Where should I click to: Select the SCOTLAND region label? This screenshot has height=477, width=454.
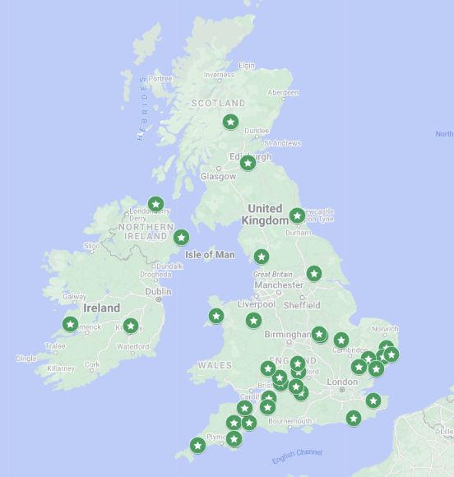(x=218, y=104)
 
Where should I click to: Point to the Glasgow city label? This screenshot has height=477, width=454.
(x=218, y=177)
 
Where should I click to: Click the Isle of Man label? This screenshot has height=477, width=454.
(x=210, y=255)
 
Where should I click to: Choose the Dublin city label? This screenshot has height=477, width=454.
(x=158, y=291)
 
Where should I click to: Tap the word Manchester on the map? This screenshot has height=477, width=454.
(x=279, y=285)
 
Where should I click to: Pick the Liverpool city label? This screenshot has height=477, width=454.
(x=256, y=304)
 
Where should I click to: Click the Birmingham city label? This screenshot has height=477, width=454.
(x=287, y=335)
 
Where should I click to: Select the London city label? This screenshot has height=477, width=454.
(x=342, y=382)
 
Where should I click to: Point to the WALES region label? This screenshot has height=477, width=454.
(x=215, y=365)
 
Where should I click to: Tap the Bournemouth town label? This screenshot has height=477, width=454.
(x=290, y=422)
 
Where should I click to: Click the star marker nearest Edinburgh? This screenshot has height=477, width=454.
(x=248, y=163)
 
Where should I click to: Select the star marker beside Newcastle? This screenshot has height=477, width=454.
(x=297, y=215)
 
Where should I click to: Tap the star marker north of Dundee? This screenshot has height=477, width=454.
(x=231, y=122)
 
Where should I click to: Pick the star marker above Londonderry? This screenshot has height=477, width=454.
(x=155, y=204)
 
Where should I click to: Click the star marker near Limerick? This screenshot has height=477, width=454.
(x=71, y=324)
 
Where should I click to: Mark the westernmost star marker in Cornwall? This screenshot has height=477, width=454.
(x=197, y=446)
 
